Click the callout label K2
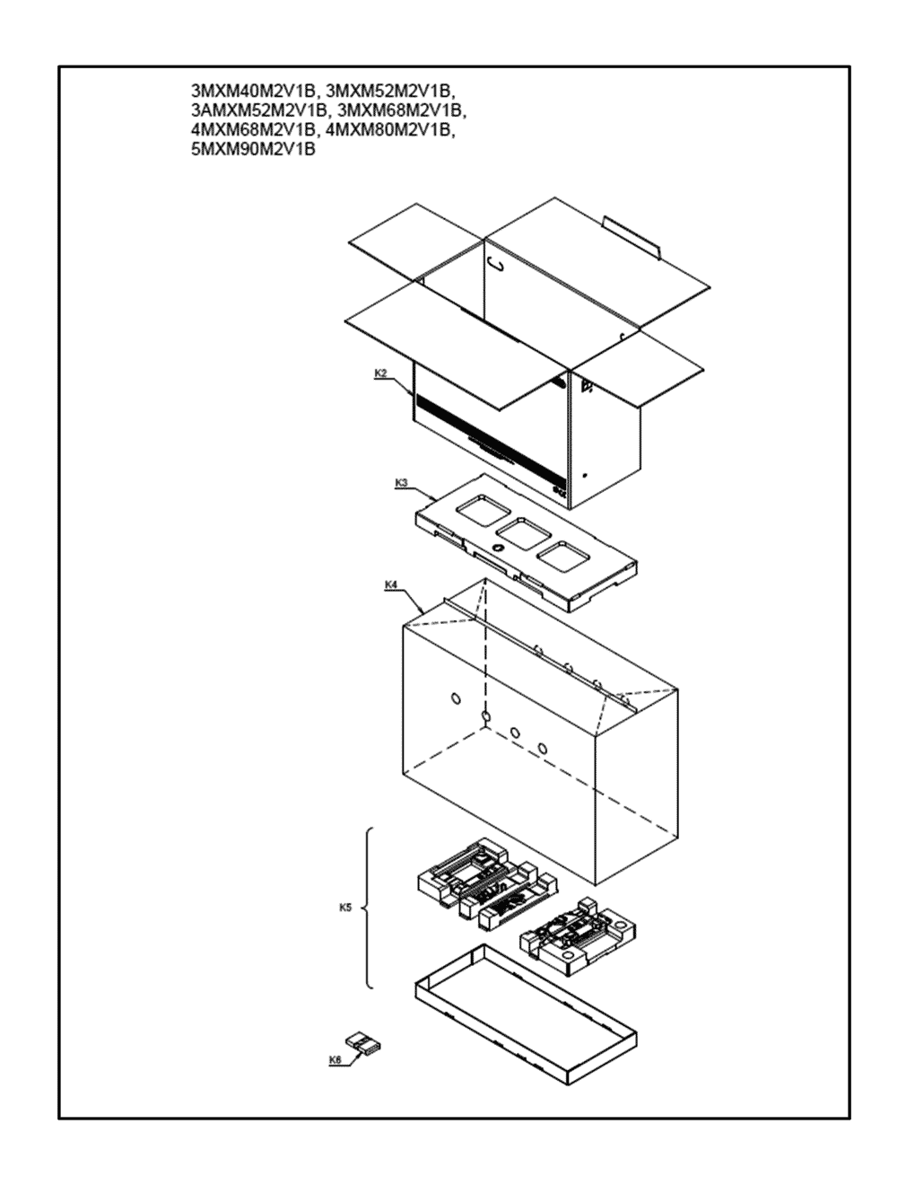380,373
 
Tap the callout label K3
401,483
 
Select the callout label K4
391,584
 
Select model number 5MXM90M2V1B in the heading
253,150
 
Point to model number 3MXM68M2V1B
402,110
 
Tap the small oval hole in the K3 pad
498,547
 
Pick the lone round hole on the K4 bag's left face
456,698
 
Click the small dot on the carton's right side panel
585,476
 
